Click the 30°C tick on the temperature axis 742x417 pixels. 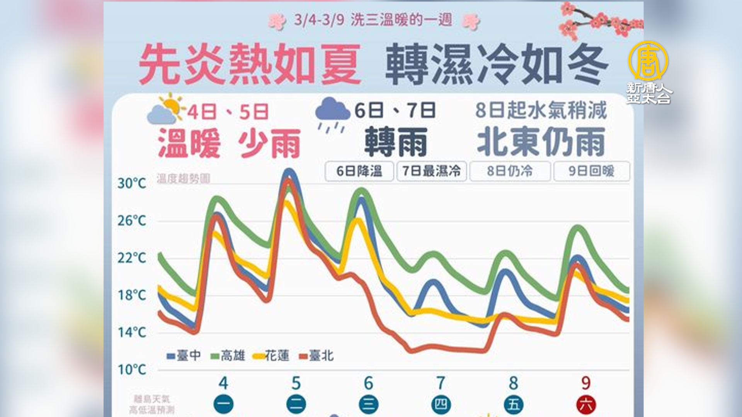click(x=132, y=183)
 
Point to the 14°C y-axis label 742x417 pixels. click(x=132, y=332)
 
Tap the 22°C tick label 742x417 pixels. click(x=132, y=258)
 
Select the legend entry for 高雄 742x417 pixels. click(x=228, y=356)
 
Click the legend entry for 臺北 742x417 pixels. click(x=317, y=356)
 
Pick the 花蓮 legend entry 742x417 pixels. click(x=272, y=356)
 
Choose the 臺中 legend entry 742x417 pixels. click(x=184, y=356)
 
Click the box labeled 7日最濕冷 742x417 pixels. click(x=431, y=171)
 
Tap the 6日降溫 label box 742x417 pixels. click(x=359, y=171)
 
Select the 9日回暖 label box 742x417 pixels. click(x=591, y=171)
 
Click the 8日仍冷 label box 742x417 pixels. click(x=510, y=171)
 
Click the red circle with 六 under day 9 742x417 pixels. click(x=586, y=405)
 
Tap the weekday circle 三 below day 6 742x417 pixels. click(x=368, y=405)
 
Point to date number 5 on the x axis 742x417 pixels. click(x=296, y=383)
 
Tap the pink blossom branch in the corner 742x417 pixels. click(x=599, y=21)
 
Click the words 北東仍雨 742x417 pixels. click(x=541, y=142)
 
